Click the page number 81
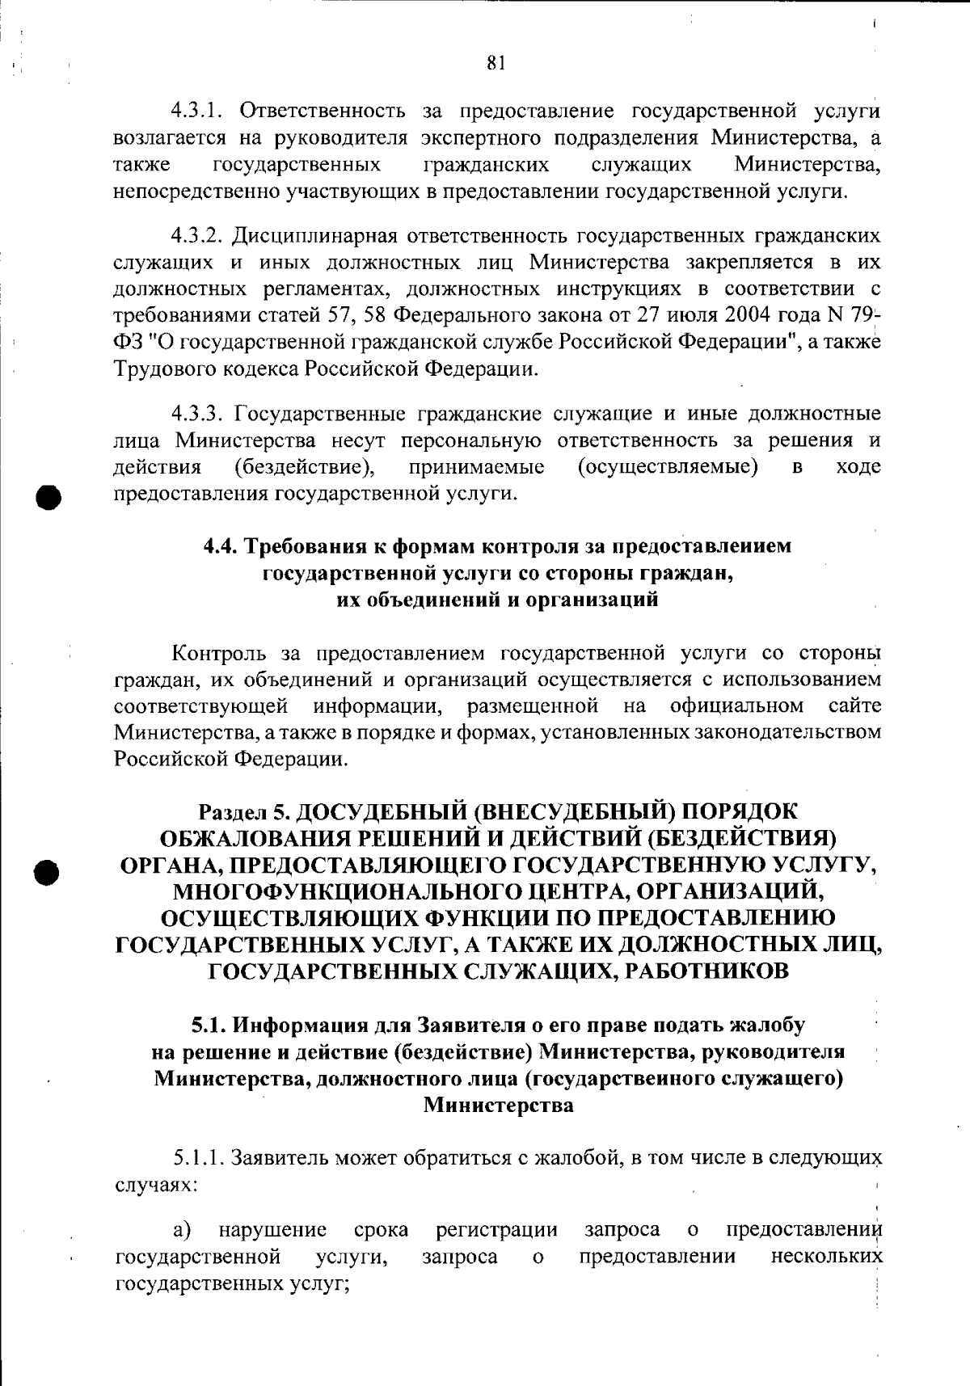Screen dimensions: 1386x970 496,63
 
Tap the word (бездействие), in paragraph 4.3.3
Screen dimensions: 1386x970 304,467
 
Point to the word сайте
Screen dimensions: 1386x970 854,706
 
